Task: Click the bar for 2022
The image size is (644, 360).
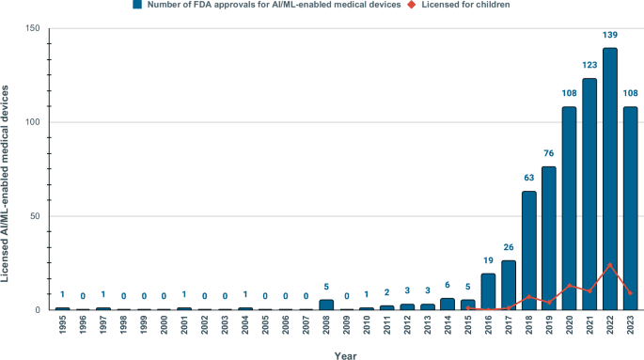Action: (610, 179)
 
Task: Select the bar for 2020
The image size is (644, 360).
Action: (569, 208)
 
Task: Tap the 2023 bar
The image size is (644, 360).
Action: (631, 208)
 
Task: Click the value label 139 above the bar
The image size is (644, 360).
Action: (610, 35)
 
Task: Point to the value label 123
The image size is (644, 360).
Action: (589, 66)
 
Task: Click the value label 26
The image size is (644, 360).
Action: (508, 248)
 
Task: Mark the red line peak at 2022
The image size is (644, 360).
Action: (610, 264)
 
